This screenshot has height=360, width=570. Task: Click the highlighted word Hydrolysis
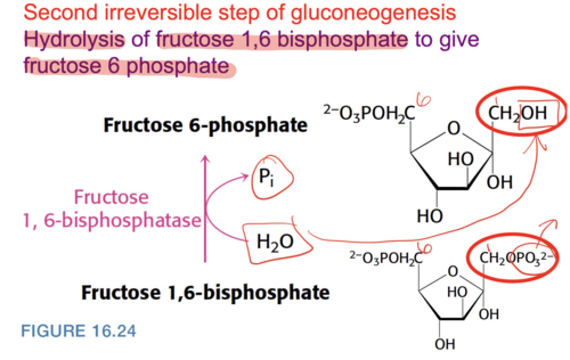[74, 40]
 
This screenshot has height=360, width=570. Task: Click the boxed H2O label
[275, 241]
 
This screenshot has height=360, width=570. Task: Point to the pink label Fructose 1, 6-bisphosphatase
[112, 209]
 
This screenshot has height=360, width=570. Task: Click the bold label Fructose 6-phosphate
[205, 125]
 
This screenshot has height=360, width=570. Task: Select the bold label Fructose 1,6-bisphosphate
[205, 293]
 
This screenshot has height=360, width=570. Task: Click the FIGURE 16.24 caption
[78, 331]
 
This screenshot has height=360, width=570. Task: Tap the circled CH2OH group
[518, 113]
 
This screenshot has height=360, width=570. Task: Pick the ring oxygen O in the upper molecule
[454, 128]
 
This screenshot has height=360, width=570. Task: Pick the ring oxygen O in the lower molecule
[453, 271]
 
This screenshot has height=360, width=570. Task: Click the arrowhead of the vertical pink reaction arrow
[205, 159]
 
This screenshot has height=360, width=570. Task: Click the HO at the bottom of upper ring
[429, 216]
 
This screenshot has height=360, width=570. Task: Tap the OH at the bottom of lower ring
[445, 344]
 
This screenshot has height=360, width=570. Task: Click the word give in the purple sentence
[461, 40]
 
